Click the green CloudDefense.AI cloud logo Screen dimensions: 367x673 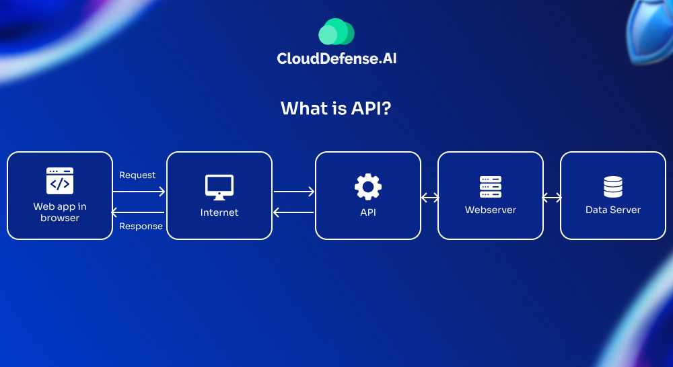[336, 32]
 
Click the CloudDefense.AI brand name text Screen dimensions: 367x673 [336, 58]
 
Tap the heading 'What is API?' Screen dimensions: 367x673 [336, 108]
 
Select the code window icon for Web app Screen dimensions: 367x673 [60, 181]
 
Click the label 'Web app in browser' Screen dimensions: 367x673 [60, 212]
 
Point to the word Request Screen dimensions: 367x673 [137, 175]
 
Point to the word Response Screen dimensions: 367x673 [141, 227]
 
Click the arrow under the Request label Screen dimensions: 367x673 [139, 192]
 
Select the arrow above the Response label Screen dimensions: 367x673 [138, 212]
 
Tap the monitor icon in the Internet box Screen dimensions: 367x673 [219, 187]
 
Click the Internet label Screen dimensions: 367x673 [219, 212]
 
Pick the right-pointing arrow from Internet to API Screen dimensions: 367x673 [294, 192]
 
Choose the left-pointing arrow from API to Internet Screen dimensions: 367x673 [293, 212]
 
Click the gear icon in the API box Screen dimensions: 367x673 [368, 186]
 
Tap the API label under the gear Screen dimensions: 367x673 [368, 212]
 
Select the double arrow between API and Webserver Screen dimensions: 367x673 [429, 198]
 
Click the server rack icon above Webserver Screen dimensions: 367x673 [491, 186]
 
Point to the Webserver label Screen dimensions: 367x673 [491, 210]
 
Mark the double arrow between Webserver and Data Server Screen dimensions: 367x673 [552, 198]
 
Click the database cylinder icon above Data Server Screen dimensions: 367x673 [613, 186]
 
